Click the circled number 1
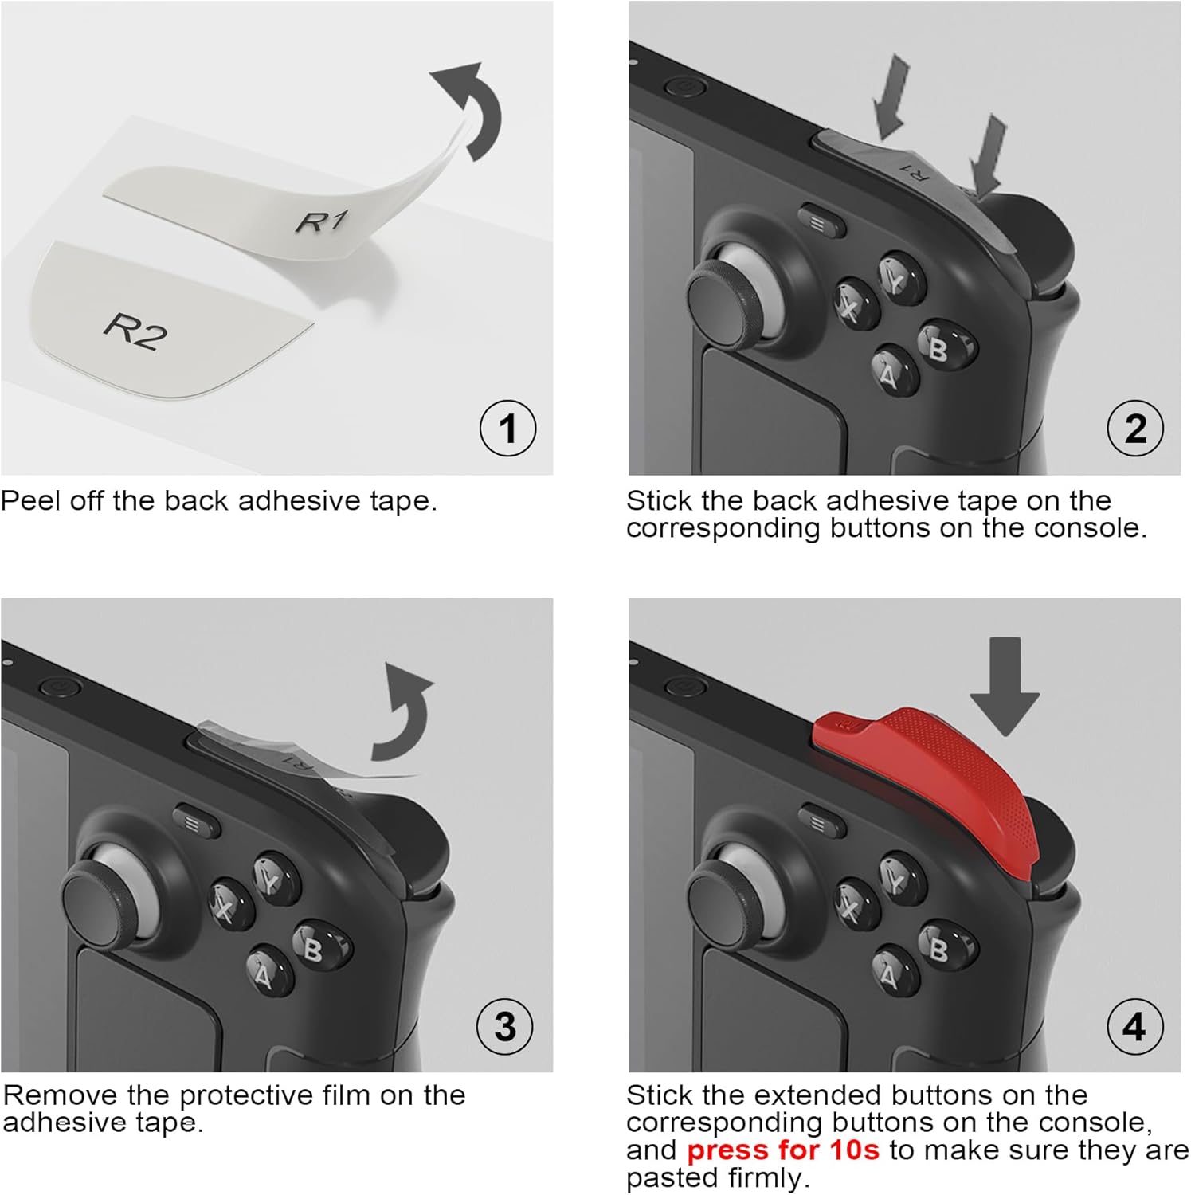click(x=507, y=428)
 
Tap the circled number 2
click(x=1135, y=428)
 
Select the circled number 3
click(x=505, y=1026)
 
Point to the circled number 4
click(x=1135, y=1026)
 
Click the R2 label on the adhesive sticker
click(x=135, y=331)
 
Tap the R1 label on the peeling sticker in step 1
click(x=322, y=221)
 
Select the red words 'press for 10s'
click(x=782, y=1150)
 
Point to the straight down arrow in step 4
click(x=1005, y=685)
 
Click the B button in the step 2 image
click(x=946, y=345)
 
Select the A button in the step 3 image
click(x=268, y=969)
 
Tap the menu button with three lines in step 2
click(x=821, y=221)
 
